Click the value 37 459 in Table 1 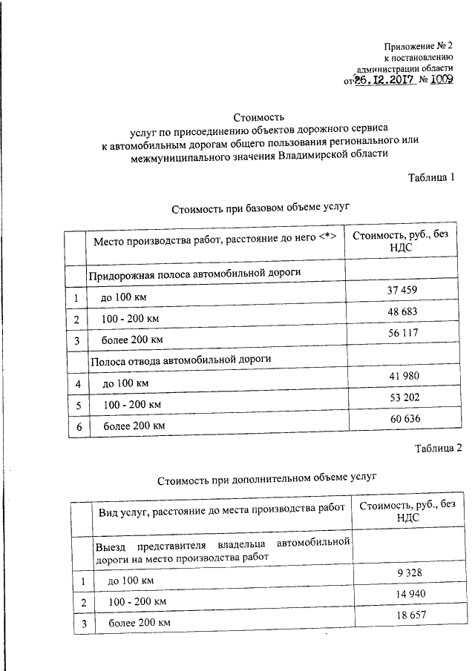(x=403, y=291)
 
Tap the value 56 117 (x=403, y=334)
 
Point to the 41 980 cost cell (x=403, y=376)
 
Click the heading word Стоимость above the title (x=258, y=116)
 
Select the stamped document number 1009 (x=439, y=81)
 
